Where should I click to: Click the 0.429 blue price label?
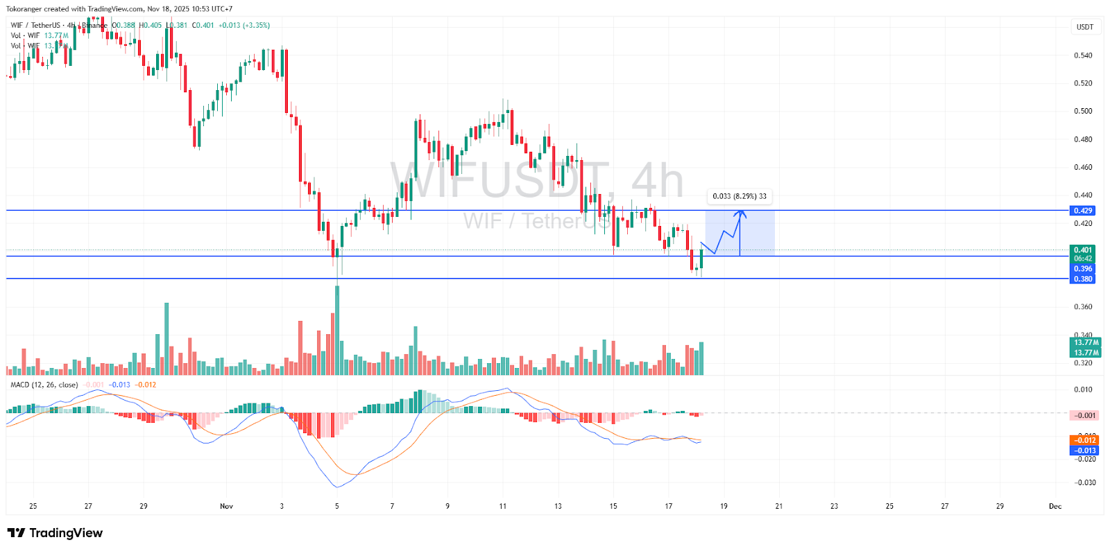click(x=1083, y=211)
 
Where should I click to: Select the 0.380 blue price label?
click(x=1083, y=279)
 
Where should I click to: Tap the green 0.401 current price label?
click(x=1083, y=250)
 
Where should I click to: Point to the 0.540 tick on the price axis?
click(x=1083, y=55)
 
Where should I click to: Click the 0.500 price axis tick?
click(x=1083, y=111)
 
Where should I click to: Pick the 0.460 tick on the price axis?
click(x=1083, y=167)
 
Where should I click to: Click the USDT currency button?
click(x=1084, y=27)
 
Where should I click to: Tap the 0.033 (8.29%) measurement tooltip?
click(x=740, y=196)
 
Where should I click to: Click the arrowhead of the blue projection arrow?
click(x=740, y=213)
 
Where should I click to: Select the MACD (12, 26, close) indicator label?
click(x=44, y=385)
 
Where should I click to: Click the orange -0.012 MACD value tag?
click(x=1084, y=440)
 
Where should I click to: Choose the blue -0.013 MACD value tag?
click(x=1084, y=451)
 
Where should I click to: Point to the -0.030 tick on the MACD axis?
click(x=1084, y=482)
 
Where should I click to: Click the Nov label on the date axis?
click(x=226, y=506)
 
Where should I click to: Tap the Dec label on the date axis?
click(x=1054, y=506)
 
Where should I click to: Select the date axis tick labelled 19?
click(x=724, y=506)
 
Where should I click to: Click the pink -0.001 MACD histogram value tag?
click(x=1084, y=415)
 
